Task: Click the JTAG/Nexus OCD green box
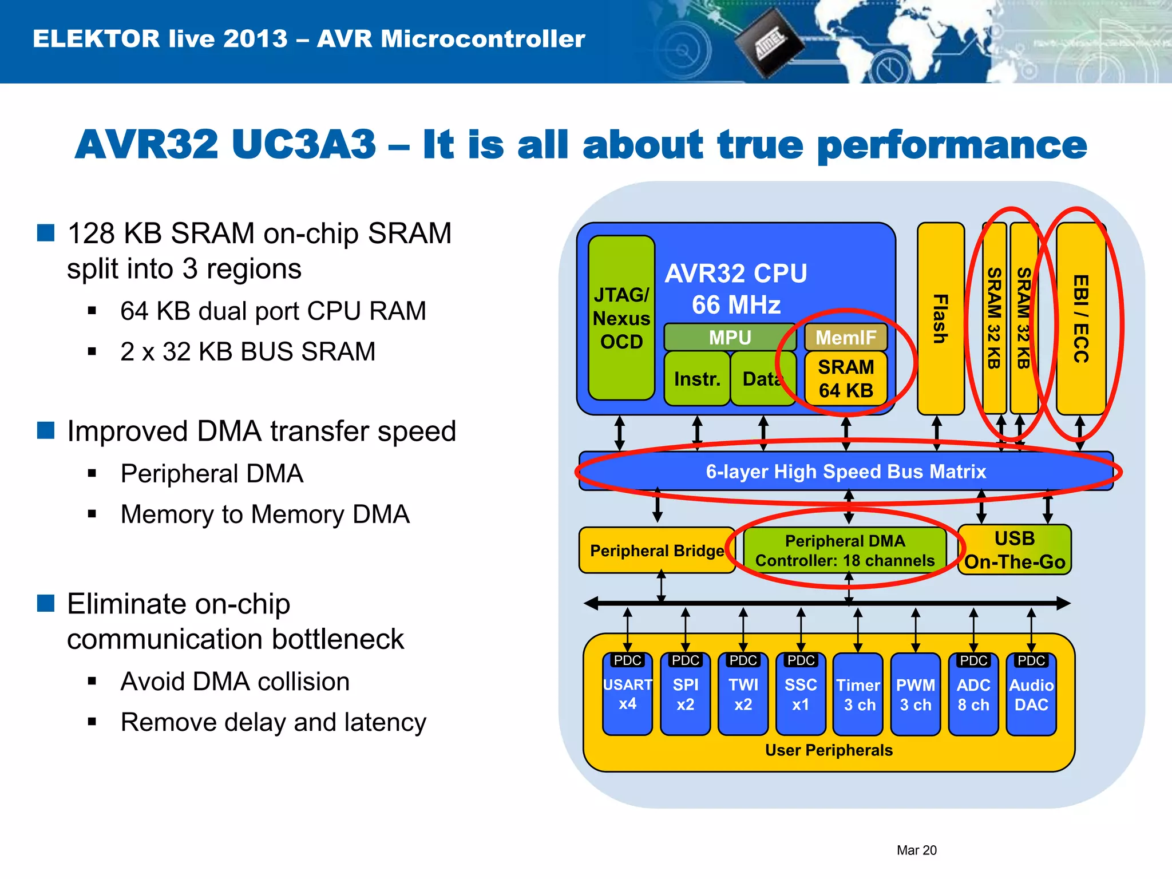pos(621,318)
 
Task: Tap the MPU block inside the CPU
pos(730,338)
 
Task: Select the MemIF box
pos(845,338)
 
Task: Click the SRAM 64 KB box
pos(845,378)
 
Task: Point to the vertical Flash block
pos(940,318)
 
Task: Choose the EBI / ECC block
pos(1080,318)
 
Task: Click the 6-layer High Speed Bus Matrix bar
pos(846,472)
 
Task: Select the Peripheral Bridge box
pos(656,551)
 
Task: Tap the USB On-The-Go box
pos(1015,550)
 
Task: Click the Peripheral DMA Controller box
pos(845,551)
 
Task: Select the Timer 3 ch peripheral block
pos(858,695)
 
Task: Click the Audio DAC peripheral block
pos(1031,695)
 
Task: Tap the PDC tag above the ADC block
pos(973,660)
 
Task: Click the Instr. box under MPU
pos(696,379)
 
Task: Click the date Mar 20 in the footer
pos(916,850)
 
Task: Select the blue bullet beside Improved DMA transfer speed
pos(46,430)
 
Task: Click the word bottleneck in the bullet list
pos(338,639)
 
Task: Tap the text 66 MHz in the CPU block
pos(736,305)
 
